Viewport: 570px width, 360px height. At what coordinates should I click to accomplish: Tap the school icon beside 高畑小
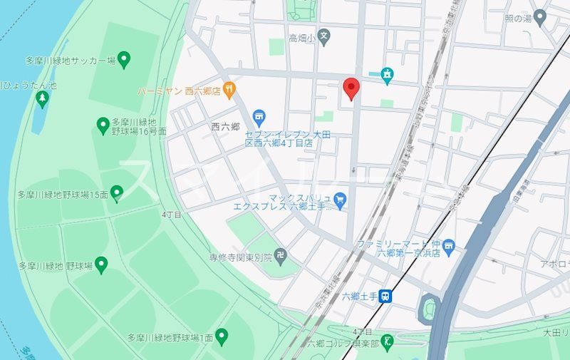(323, 36)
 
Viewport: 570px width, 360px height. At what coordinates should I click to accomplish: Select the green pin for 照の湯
(540, 17)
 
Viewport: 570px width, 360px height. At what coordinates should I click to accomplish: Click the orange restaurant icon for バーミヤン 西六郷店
(229, 90)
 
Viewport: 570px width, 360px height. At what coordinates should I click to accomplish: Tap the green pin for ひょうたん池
(42, 98)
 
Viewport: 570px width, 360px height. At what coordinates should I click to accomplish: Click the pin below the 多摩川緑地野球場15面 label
(117, 192)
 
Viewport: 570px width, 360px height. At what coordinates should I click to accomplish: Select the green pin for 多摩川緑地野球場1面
(222, 336)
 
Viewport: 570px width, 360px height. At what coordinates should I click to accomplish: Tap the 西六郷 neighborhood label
(224, 126)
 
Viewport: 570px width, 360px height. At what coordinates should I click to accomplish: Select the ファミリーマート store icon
(448, 247)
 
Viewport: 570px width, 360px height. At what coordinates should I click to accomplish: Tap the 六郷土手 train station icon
(385, 296)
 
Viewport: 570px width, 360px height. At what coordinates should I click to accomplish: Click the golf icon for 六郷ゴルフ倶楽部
(387, 341)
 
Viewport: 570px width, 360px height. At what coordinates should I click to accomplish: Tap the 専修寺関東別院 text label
(241, 257)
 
